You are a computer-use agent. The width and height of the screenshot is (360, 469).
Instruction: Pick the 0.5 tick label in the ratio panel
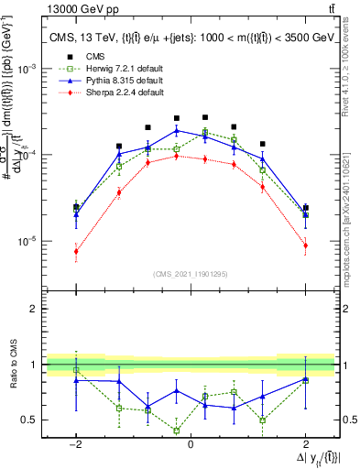tap(34, 420)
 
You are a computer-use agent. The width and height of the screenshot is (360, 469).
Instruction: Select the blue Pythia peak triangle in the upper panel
tap(177, 130)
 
